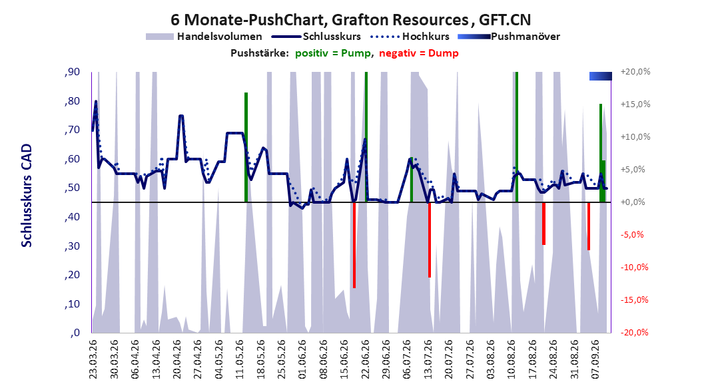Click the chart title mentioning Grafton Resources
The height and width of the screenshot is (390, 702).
pos(350,20)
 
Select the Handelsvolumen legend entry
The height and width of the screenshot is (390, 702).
pos(204,37)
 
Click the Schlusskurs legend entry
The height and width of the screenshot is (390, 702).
pos(316,37)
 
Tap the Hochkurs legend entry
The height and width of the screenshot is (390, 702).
pos(410,37)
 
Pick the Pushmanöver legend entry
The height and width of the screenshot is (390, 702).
pos(509,37)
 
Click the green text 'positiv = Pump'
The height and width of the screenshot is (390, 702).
pos(333,53)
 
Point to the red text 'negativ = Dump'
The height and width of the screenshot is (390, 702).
pos(419,53)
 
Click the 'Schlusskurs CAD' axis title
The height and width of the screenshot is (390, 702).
pos(27,196)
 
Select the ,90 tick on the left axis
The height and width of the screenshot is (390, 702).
pos(72,72)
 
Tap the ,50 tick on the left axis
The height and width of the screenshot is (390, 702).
pos(72,188)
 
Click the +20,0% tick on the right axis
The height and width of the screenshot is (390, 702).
pos(635,72)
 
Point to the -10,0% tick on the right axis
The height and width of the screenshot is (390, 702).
pos(634,268)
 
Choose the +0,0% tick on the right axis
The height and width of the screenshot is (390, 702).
pos(633,202)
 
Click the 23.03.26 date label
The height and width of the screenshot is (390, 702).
pos(93,359)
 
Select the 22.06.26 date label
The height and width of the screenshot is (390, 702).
pos(366,359)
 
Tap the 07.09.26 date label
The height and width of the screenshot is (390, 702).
pos(595,359)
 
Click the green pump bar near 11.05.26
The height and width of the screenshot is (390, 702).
pos(246,147)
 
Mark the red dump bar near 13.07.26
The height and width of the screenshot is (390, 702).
pos(430,240)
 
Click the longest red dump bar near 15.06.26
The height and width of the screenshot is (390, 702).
pos(354,245)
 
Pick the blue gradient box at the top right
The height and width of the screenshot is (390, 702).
pos(600,76)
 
